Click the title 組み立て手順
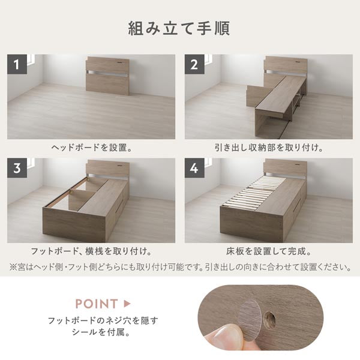click(x=179, y=28)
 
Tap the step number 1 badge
click(x=17, y=64)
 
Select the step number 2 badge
click(x=194, y=64)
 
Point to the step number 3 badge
click(x=17, y=168)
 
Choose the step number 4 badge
click(x=194, y=168)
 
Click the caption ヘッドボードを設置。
click(x=92, y=148)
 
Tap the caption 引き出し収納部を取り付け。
click(x=269, y=148)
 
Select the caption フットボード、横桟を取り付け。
click(x=91, y=251)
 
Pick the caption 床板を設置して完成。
click(x=269, y=251)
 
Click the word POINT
click(x=97, y=304)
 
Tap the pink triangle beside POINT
click(x=127, y=304)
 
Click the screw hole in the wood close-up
click(x=270, y=319)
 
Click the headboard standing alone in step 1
click(x=107, y=76)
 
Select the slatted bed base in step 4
click(x=255, y=191)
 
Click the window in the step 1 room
click(x=31, y=60)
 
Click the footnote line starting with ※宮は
click(x=180, y=267)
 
